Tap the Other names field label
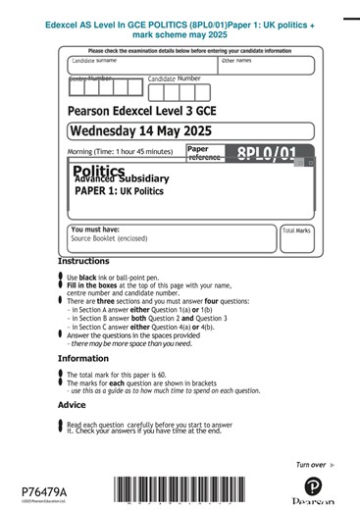[x=235, y=61]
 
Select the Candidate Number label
[x=175, y=77]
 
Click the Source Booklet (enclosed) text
[x=109, y=238]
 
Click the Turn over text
[x=311, y=464]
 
